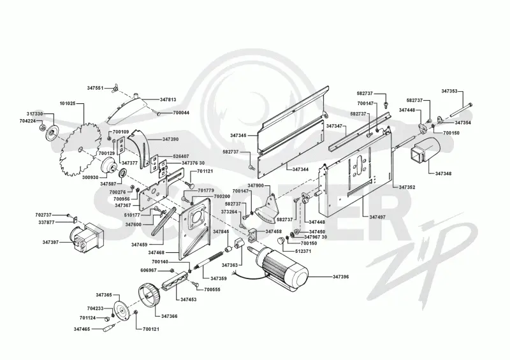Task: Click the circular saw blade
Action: (x=80, y=150)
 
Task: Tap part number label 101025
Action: (x=68, y=104)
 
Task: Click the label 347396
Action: (x=341, y=277)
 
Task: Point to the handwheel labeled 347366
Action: (x=149, y=294)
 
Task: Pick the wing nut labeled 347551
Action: (x=114, y=88)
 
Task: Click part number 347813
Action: (x=168, y=99)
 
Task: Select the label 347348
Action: (x=443, y=174)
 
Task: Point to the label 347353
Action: (x=449, y=91)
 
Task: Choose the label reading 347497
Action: (x=377, y=217)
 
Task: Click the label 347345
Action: (x=238, y=135)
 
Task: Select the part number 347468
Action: (x=156, y=253)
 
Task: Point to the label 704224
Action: (x=27, y=121)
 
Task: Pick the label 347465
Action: (x=82, y=329)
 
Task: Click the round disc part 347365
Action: (x=122, y=311)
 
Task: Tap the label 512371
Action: (x=303, y=251)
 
